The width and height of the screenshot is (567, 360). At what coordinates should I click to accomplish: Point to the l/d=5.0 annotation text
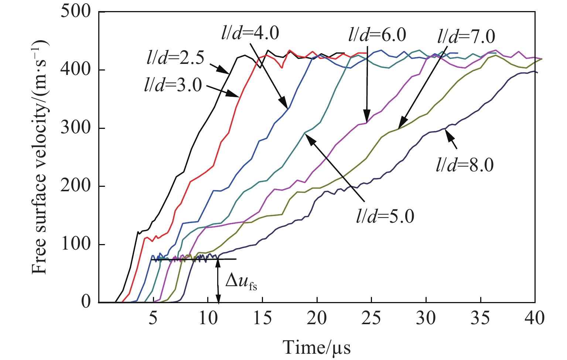point(385,216)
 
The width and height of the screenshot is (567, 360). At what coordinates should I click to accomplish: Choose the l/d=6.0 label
point(377,35)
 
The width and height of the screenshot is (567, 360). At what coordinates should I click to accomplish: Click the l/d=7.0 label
point(466,37)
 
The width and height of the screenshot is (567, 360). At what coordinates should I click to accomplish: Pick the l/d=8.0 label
point(465,165)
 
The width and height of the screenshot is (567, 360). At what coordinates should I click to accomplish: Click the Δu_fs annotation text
point(241,282)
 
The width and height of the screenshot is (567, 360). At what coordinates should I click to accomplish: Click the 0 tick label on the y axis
point(86,302)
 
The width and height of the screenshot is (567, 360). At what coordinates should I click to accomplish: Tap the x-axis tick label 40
point(534,318)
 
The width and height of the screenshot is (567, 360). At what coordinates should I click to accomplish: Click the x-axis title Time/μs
point(317,347)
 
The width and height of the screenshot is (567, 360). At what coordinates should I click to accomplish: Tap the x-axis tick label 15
point(262,318)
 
